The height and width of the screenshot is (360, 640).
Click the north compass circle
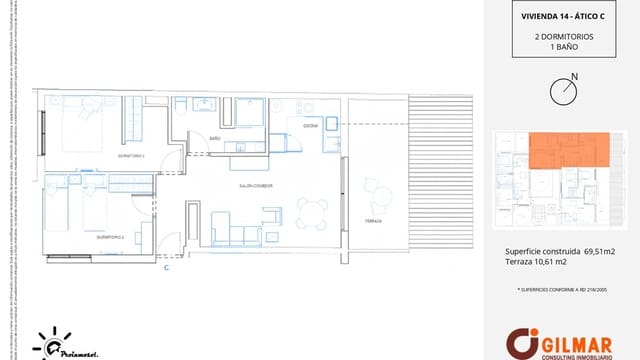[564, 91]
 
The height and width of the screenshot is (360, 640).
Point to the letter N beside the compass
[573, 76]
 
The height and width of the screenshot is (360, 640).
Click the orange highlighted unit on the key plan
[570, 151]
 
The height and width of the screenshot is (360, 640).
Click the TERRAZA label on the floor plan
[373, 221]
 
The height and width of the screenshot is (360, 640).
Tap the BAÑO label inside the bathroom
[215, 139]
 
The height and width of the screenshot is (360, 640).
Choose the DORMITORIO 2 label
[82, 238]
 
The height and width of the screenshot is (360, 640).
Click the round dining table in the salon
[312, 211]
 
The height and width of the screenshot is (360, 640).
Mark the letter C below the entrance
[166, 268]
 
